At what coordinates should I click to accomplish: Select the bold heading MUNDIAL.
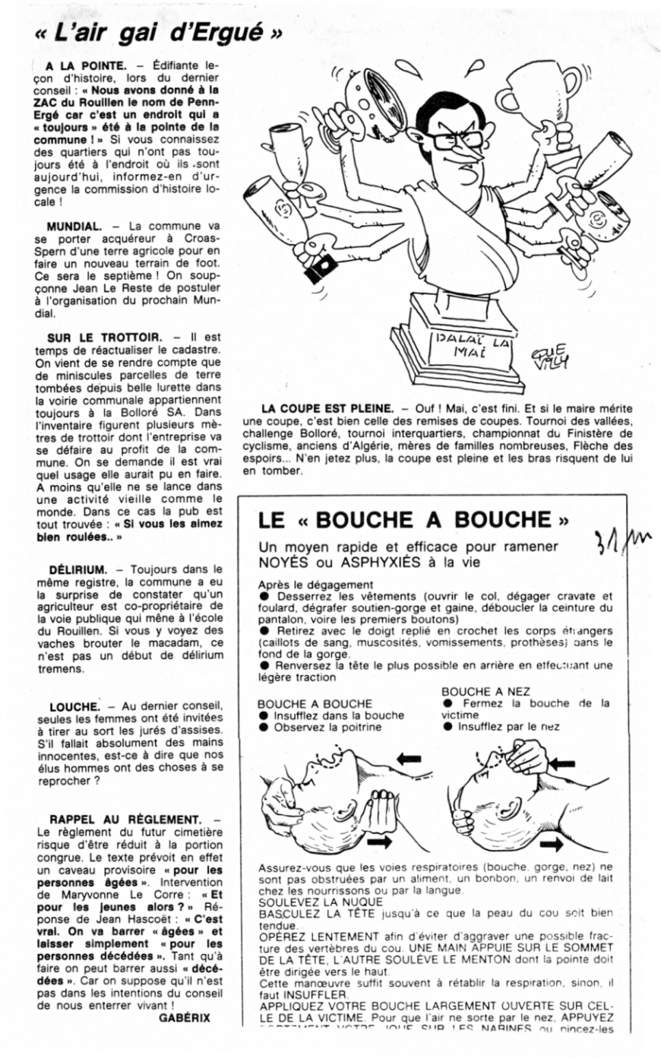(x=74, y=227)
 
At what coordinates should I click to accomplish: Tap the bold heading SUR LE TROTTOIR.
(x=104, y=337)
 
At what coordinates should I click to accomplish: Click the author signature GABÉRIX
(x=185, y=1017)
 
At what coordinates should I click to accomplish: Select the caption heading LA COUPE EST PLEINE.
(x=327, y=409)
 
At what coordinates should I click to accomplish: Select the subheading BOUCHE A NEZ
(x=485, y=691)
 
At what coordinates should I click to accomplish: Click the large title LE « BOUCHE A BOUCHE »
(x=413, y=520)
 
